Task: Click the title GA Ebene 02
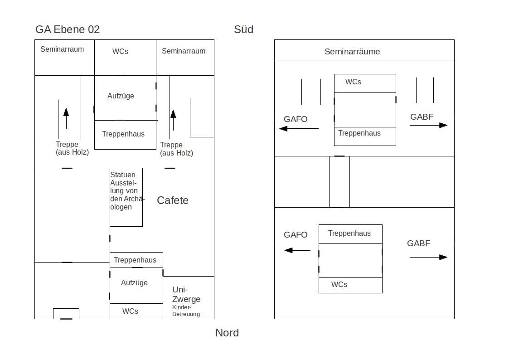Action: [x=68, y=29]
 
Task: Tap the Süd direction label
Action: [x=243, y=29]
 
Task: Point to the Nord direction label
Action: [x=227, y=333]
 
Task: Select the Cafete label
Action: [x=173, y=200]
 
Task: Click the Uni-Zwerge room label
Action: [x=186, y=294]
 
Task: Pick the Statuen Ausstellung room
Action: [x=126, y=197]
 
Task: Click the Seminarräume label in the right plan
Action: [x=352, y=52]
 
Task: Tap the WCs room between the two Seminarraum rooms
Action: [x=125, y=58]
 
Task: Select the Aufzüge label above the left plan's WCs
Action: [x=135, y=283]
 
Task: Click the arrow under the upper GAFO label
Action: [x=299, y=129]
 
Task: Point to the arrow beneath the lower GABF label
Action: [x=428, y=257]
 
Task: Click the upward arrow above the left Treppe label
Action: [x=66, y=118]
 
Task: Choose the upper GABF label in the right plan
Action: [x=422, y=117]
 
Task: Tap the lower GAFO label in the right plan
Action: [x=296, y=235]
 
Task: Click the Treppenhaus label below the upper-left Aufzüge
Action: [x=123, y=134]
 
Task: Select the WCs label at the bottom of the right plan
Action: [x=339, y=285]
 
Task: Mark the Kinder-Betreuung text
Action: [x=186, y=311]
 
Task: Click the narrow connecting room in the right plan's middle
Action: [x=339, y=182]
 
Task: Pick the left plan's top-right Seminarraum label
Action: [x=184, y=51]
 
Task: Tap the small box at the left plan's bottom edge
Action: [x=66, y=314]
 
